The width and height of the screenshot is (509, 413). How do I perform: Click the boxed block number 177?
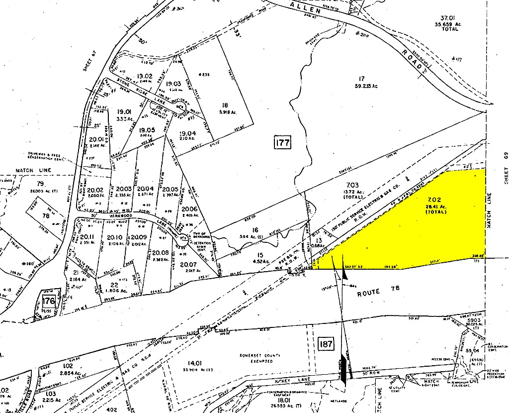pos(282,143)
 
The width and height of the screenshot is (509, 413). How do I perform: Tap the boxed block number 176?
pos(48,302)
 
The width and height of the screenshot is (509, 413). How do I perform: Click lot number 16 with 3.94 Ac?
pos(255,230)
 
